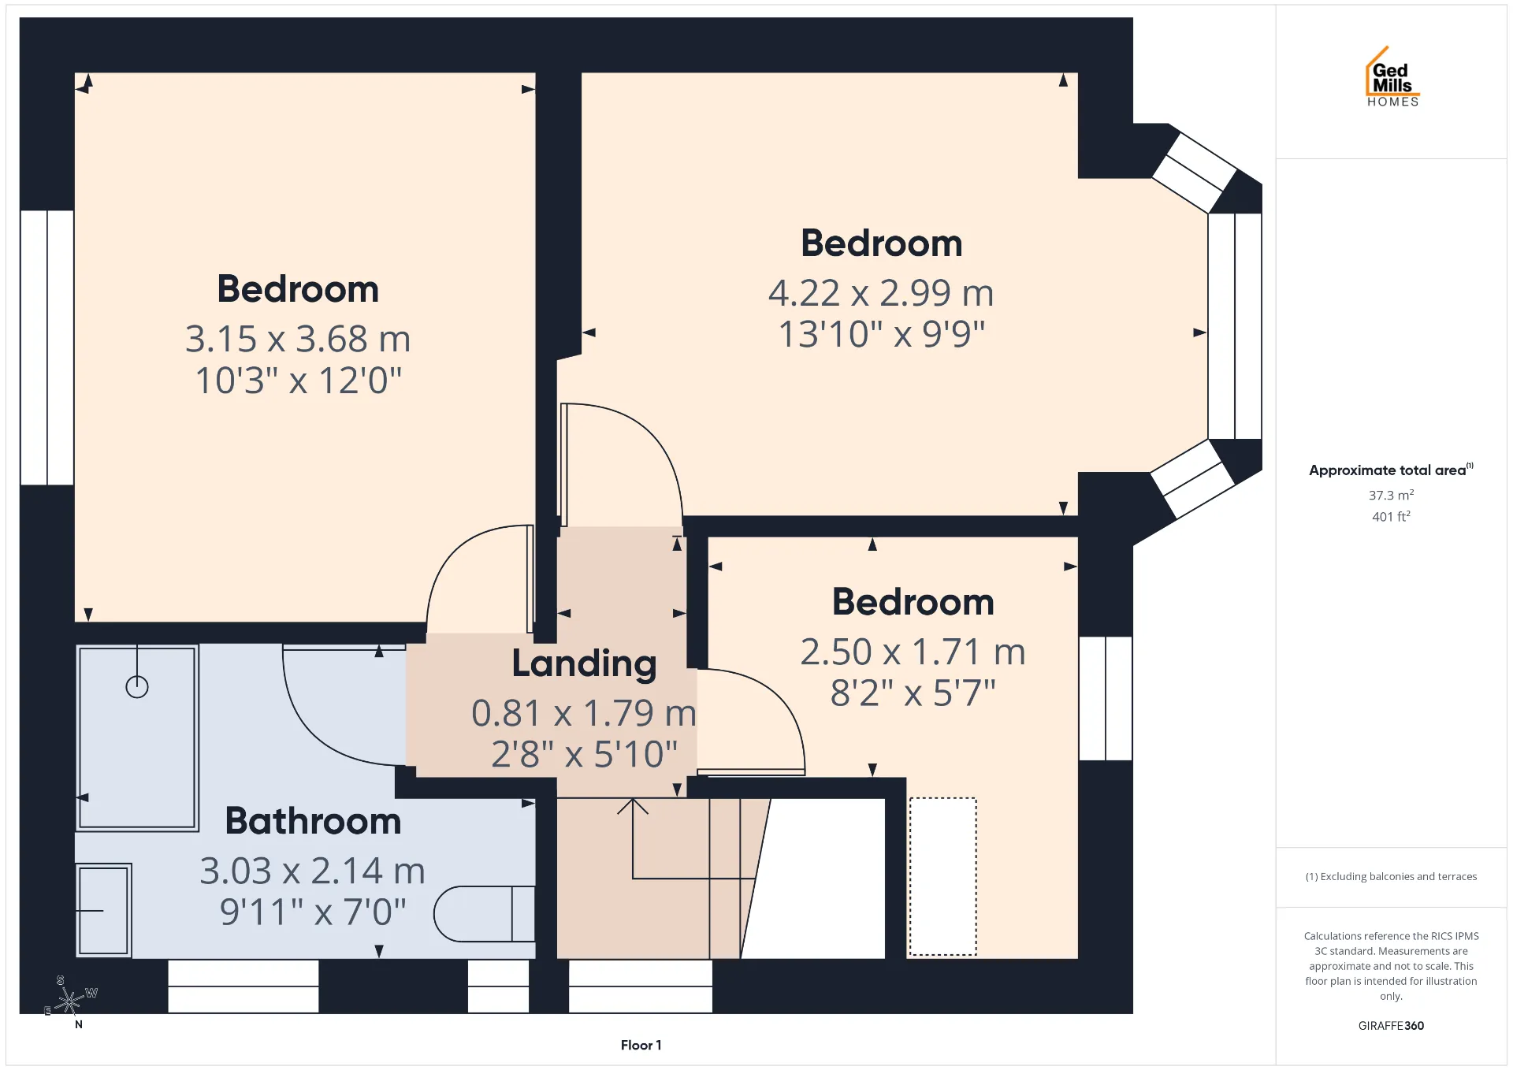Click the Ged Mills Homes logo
click(x=1392, y=76)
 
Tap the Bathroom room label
click(x=313, y=821)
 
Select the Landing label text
click(x=584, y=663)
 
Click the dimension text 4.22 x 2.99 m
click(x=881, y=293)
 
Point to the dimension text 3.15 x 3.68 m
click(x=298, y=339)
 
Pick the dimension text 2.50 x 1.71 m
click(x=913, y=652)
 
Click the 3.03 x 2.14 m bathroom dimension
click(x=312, y=871)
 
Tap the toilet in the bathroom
click(x=484, y=914)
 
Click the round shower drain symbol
click(x=137, y=687)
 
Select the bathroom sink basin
click(x=103, y=911)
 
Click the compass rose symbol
click(x=70, y=1001)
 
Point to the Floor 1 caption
click(x=641, y=1045)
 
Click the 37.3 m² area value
click(x=1391, y=495)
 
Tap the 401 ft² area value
click(x=1391, y=516)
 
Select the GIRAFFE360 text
click(x=1391, y=1025)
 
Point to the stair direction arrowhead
click(x=633, y=806)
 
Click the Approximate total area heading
click(x=1391, y=470)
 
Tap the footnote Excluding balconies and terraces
click(x=1391, y=876)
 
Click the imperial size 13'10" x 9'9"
click(x=881, y=334)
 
